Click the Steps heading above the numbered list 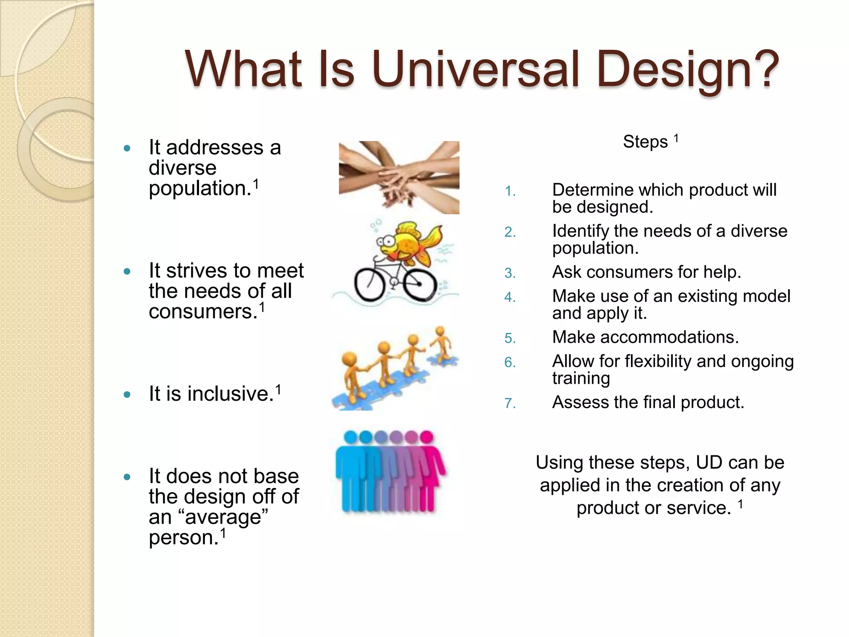pos(645,142)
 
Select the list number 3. pos(509,273)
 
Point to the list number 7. pos(509,404)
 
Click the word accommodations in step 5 pos(669,337)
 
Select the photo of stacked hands pos(399,177)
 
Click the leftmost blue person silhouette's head pos(351,437)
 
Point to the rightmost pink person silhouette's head pos(426,437)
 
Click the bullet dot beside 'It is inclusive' pos(127,394)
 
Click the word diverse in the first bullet pos(182,168)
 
